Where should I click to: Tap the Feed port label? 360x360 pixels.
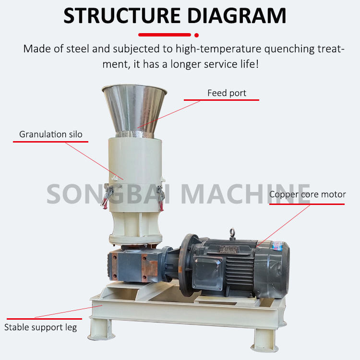(227, 93)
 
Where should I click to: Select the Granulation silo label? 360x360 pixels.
(50, 134)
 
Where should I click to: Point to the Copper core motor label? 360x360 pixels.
(307, 194)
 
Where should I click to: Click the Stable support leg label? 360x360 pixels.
(40, 327)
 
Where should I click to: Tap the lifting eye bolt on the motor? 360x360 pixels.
(232, 232)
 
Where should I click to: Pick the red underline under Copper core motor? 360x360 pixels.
(307, 204)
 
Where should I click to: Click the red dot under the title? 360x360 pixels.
(196, 35)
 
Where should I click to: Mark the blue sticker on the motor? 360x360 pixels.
(277, 245)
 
